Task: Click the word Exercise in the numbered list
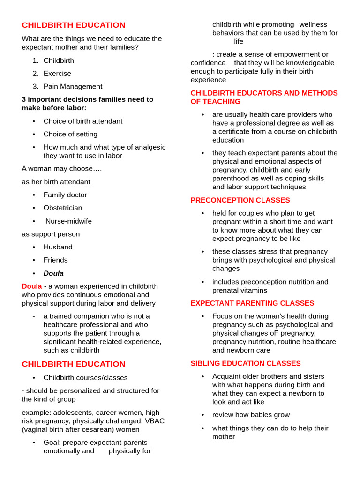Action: pyautogui.click(x=57, y=74)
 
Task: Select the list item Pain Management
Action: pyautogui.click(x=73, y=87)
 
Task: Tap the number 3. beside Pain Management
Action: pyautogui.click(x=36, y=87)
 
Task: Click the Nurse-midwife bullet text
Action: pyautogui.click(x=68, y=221)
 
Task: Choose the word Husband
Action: pyautogui.click(x=58, y=247)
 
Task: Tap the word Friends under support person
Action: pyautogui.click(x=55, y=260)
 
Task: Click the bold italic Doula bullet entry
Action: pyautogui.click(x=53, y=273)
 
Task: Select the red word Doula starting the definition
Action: pyautogui.click(x=31, y=286)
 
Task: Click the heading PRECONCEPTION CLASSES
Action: pyautogui.click(x=240, y=200)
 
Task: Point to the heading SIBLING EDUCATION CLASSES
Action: pyautogui.click(x=246, y=363)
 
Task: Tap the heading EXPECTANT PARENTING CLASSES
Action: pyautogui.click(x=252, y=303)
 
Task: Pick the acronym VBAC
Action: pyautogui.click(x=155, y=421)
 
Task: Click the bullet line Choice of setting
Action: pyautogui.click(x=70, y=134)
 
